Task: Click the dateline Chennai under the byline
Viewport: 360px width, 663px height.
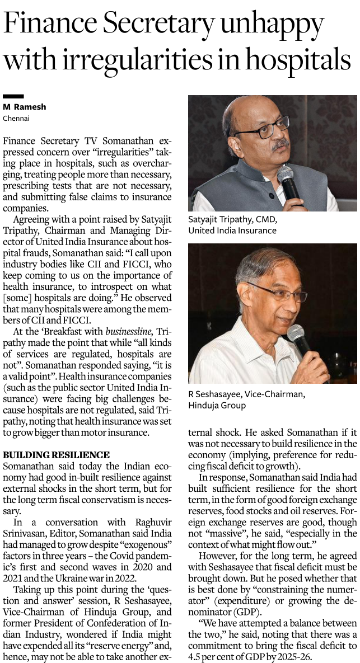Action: point(16,118)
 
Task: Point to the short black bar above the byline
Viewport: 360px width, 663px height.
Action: point(13,97)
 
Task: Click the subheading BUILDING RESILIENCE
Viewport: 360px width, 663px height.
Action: point(56,454)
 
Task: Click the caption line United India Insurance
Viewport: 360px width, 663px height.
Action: point(232,230)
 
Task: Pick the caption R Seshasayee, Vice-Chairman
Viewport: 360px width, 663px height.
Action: point(246,394)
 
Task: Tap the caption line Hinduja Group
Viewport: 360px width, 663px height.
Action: point(217,405)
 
